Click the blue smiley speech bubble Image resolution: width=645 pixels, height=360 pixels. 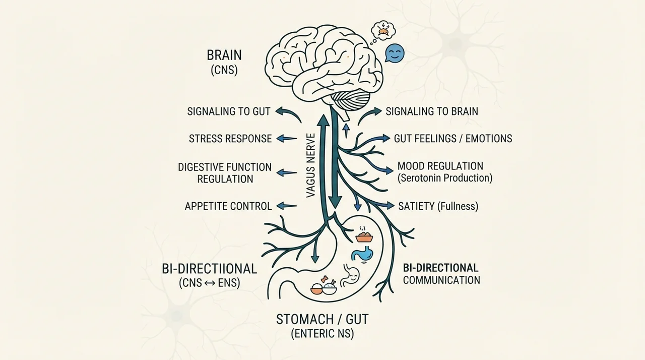click(395, 53)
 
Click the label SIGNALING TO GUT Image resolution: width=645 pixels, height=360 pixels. click(229, 111)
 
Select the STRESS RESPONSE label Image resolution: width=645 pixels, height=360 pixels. click(230, 139)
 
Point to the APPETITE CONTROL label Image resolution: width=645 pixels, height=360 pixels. click(228, 206)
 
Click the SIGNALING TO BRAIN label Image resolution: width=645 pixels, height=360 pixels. click(432, 111)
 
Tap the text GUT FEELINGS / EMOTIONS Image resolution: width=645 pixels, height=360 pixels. click(453, 139)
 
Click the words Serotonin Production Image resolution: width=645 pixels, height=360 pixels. click(445, 178)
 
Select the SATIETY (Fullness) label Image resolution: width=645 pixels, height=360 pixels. click(438, 206)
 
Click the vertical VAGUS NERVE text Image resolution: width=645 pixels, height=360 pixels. click(311, 165)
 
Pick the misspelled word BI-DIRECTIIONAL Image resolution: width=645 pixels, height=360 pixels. click(209, 269)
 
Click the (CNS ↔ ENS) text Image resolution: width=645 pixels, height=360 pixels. click(209, 283)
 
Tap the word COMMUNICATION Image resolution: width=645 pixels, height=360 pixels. click(441, 280)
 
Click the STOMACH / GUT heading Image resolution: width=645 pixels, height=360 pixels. click(322, 319)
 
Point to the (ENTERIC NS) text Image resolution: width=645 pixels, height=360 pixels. click(322, 333)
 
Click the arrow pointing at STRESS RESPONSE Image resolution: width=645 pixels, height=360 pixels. click(287, 139)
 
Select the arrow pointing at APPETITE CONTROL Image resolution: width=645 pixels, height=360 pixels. click(287, 206)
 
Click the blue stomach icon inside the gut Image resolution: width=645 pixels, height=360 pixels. click(362, 254)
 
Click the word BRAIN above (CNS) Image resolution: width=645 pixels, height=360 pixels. click(224, 55)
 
